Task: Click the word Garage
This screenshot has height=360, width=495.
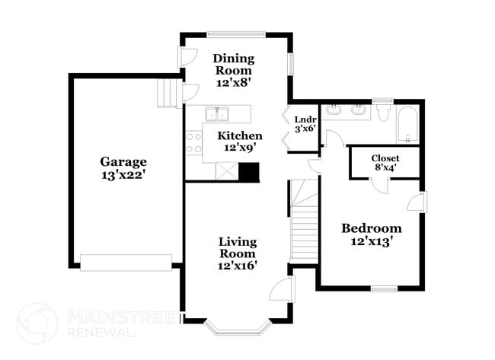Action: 123,161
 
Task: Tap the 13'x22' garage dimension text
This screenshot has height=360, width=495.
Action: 123,175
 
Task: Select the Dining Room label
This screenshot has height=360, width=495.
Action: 234,65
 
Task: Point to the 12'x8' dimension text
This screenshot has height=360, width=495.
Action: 234,84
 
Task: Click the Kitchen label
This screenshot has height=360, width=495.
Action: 240,135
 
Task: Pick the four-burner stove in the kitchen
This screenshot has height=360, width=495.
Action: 193,144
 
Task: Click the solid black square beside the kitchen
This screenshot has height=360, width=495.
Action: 249,172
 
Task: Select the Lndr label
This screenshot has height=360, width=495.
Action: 305,119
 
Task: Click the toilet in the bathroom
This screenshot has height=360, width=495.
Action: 382,113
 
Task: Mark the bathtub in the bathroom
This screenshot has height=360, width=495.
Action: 407,125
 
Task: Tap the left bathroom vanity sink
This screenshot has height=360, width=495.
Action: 334,111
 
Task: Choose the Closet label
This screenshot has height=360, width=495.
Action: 385,158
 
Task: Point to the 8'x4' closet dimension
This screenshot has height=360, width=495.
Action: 385,168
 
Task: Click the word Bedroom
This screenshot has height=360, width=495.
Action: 371,228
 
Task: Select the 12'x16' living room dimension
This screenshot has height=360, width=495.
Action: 238,266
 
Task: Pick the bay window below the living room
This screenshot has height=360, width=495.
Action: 238,328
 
